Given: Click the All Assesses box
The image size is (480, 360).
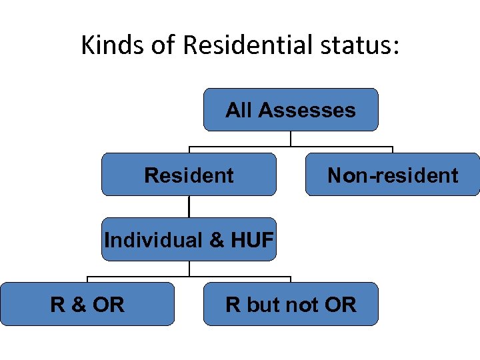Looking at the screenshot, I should (x=291, y=109).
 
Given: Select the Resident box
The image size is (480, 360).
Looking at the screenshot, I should (x=189, y=175).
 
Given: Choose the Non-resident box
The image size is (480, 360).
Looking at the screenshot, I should (x=392, y=175).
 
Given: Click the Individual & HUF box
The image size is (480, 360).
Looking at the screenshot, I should (x=189, y=239).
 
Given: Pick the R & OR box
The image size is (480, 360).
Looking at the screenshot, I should (x=87, y=304).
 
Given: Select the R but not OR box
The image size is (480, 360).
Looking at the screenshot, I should (x=291, y=304).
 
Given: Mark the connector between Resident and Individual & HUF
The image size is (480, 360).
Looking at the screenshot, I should (x=189, y=207).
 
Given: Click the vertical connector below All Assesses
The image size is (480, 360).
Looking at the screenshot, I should (x=291, y=138).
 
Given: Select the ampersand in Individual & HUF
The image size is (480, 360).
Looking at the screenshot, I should (x=217, y=239).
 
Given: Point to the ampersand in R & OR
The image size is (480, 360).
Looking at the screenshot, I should (x=78, y=305).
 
